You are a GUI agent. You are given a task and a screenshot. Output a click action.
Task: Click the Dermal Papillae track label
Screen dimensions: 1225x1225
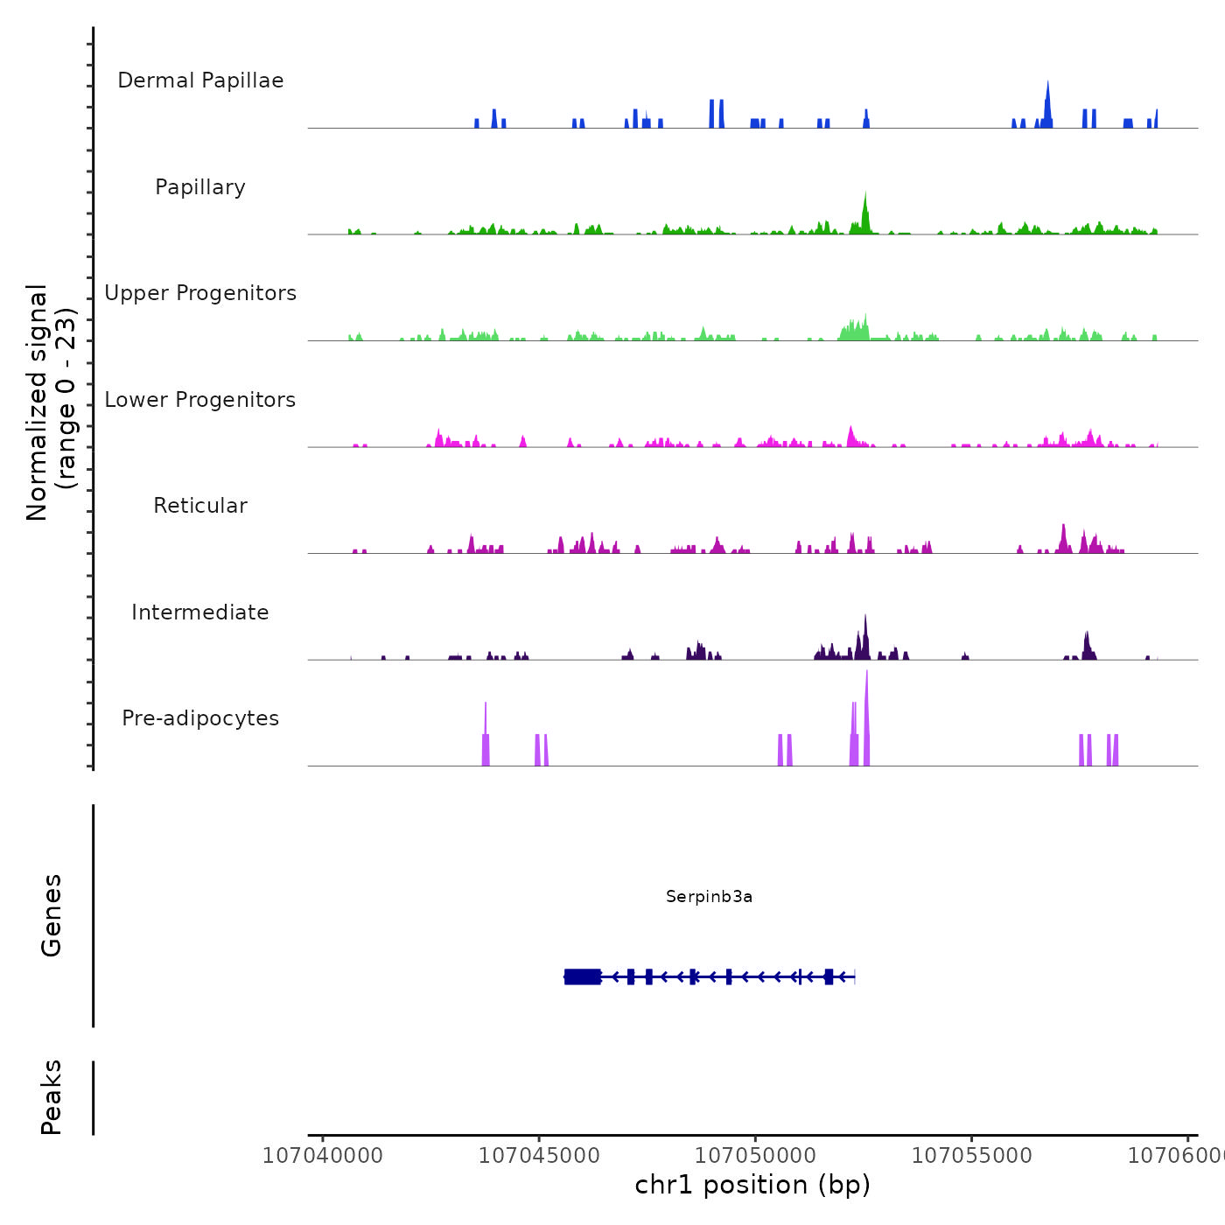200,80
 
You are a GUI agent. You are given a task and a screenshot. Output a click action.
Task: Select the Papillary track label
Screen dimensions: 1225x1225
200,187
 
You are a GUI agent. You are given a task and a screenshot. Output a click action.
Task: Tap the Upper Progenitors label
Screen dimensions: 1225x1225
200,293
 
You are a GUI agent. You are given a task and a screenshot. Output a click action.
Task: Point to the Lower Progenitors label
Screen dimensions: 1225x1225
200,400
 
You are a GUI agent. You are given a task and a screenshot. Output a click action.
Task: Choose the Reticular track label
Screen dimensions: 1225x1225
200,506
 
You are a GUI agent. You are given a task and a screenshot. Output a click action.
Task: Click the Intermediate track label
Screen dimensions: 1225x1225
200,612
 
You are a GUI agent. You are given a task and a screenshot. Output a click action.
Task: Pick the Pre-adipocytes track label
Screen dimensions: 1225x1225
200,718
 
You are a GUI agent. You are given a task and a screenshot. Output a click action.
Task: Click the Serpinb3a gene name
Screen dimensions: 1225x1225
709,896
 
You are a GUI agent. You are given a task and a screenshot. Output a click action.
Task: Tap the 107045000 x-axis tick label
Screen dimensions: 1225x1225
539,1156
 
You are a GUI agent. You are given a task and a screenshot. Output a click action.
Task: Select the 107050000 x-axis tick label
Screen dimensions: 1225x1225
755,1156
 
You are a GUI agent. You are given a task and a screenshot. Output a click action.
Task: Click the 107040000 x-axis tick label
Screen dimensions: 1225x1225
323,1156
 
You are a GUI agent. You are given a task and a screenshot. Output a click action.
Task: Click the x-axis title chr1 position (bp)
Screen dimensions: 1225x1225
752,1185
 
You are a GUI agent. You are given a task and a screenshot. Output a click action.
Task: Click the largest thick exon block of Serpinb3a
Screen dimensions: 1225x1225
583,976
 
